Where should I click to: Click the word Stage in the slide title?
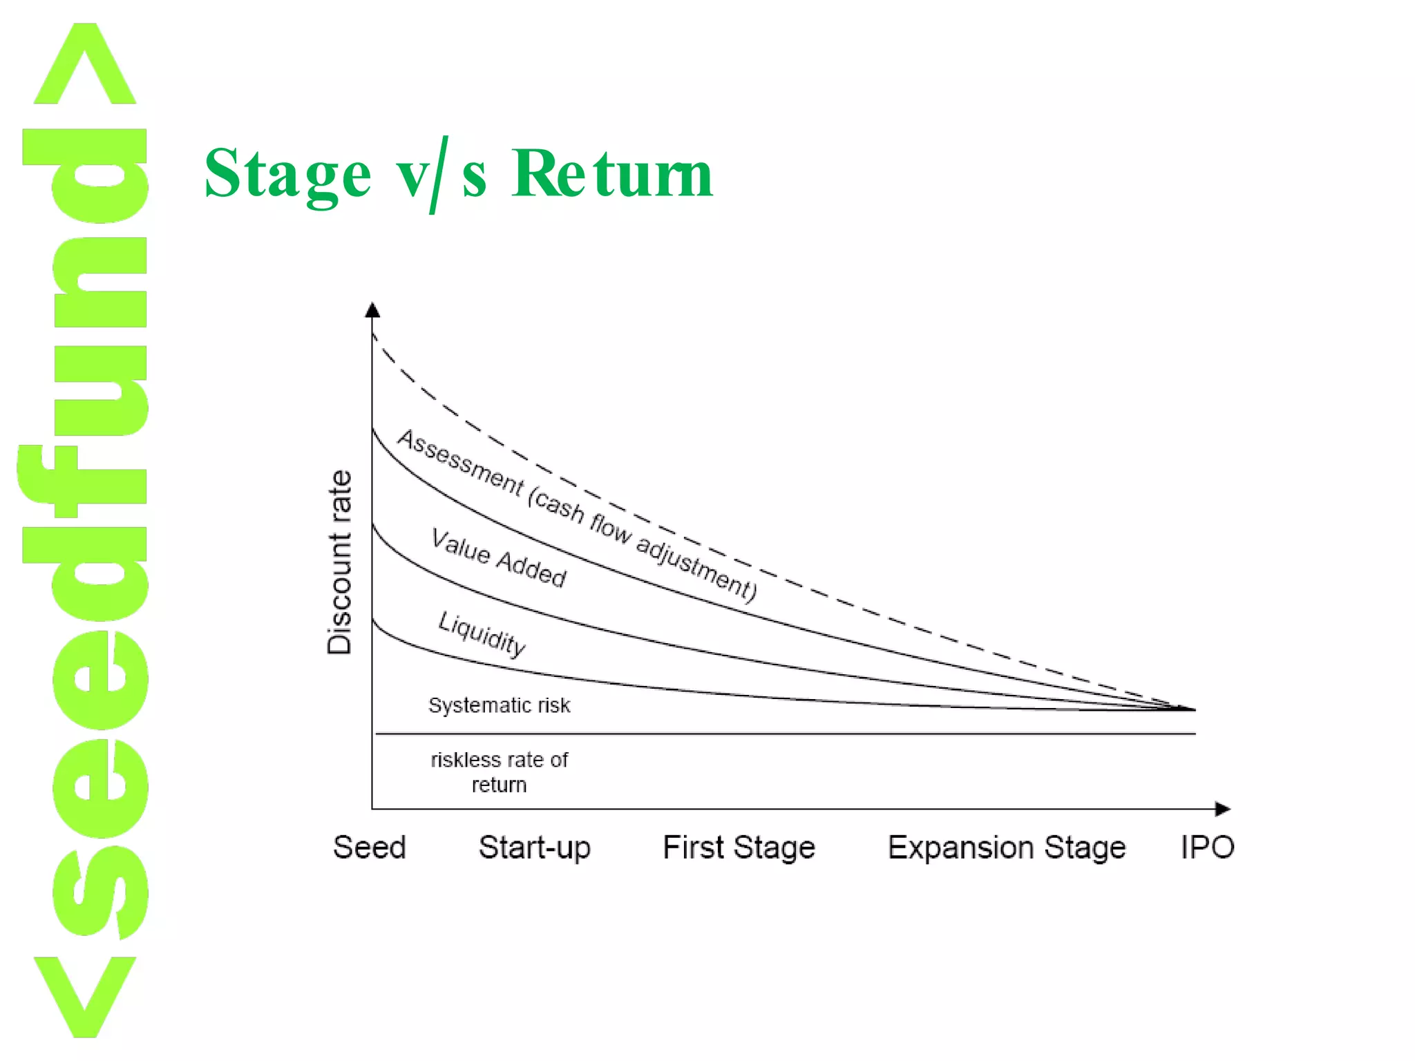click(287, 174)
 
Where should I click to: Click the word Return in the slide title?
click(612, 174)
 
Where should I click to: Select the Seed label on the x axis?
click(370, 847)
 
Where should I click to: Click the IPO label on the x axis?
click(1207, 847)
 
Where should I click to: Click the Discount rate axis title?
click(340, 562)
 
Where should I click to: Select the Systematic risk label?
click(499, 705)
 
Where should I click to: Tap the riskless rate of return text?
click(499, 772)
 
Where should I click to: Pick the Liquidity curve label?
click(482, 633)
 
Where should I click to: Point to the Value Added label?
click(499, 557)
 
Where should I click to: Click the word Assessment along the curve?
click(460, 461)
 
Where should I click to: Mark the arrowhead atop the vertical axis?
click(372, 309)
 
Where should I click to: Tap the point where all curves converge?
click(1191, 709)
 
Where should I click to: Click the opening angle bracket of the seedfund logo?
click(84, 996)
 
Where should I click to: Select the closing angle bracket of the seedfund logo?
click(84, 64)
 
